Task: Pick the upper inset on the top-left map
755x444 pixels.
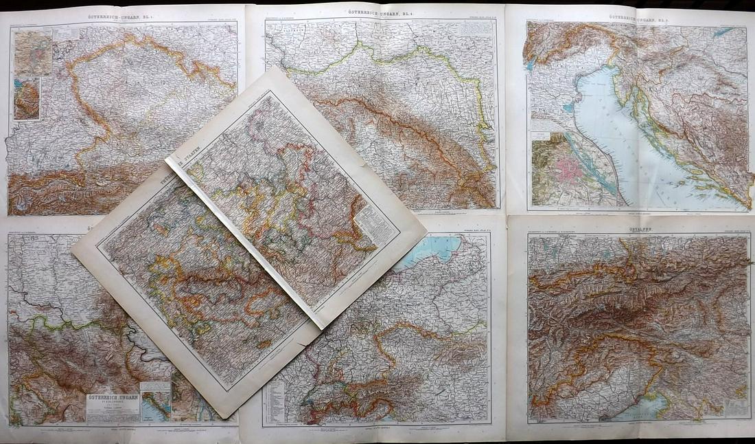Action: click(x=33, y=52)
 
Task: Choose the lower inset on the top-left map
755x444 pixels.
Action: click(x=26, y=100)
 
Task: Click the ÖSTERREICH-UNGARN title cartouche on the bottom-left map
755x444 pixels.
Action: click(x=113, y=407)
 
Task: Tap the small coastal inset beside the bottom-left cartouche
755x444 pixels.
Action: click(x=156, y=403)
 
